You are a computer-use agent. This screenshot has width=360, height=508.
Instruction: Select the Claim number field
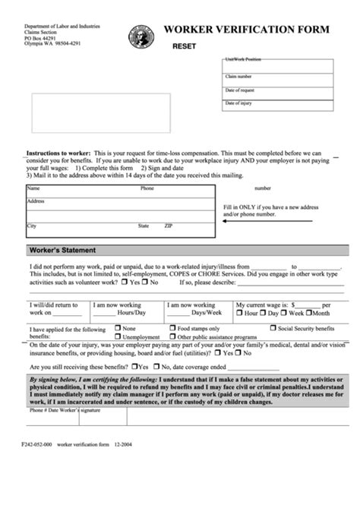278,80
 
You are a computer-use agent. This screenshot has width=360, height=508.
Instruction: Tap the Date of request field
278,93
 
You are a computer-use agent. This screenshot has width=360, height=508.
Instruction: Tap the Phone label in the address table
147,188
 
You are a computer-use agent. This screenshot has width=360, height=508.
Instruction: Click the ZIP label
169,226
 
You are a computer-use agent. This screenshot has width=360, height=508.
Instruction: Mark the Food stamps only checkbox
172,329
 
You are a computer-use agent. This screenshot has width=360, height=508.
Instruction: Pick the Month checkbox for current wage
311,312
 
